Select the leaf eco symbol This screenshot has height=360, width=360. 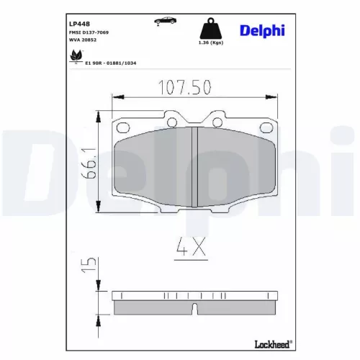pyautogui.click(x=74, y=58)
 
